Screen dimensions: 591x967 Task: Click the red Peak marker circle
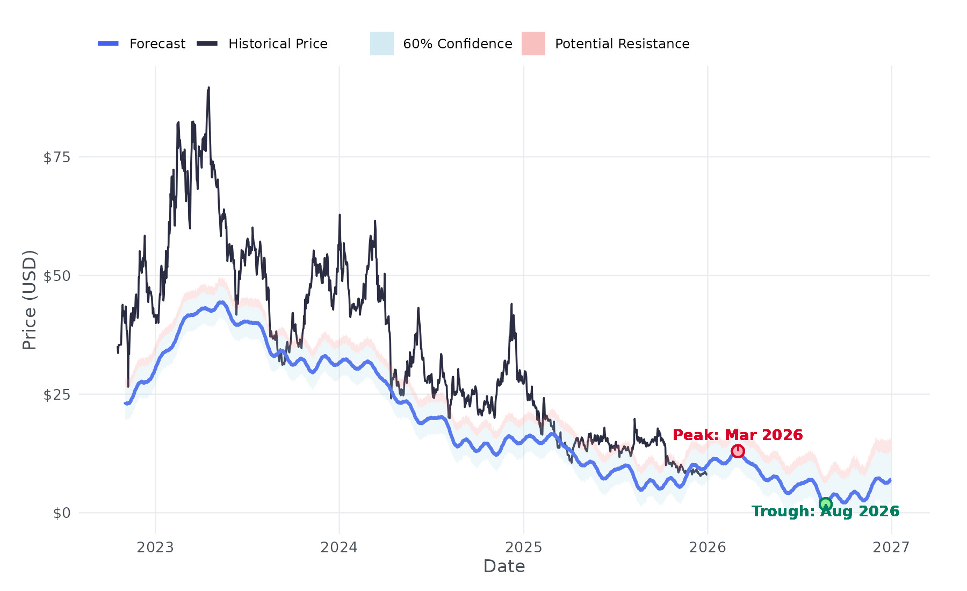coord(738,451)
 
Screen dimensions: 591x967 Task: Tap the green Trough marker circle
coord(826,504)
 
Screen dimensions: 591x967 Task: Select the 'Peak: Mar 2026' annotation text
coord(738,435)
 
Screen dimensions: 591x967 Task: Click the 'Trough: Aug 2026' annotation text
coord(825,511)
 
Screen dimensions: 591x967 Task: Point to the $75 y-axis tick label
coord(57,157)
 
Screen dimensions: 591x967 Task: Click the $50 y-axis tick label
coord(57,276)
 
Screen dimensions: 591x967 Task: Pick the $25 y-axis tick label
coord(57,395)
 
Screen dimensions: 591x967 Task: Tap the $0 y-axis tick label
coord(62,513)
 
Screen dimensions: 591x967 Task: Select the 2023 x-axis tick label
coord(155,547)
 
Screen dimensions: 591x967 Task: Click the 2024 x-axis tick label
coord(339,547)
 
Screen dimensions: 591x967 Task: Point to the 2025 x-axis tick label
coord(524,547)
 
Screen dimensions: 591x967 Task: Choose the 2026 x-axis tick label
coord(708,547)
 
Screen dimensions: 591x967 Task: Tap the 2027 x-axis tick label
coord(891,547)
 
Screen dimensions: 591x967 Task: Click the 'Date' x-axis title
coord(504,566)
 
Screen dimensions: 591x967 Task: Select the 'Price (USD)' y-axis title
coord(30,300)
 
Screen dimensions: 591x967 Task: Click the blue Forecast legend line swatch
coord(108,44)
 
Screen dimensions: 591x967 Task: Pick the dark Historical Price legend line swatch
coord(207,44)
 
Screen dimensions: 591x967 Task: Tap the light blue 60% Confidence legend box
coord(382,44)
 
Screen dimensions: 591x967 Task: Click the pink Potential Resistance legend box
coord(533,44)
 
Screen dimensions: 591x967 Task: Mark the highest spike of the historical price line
coord(208,88)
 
